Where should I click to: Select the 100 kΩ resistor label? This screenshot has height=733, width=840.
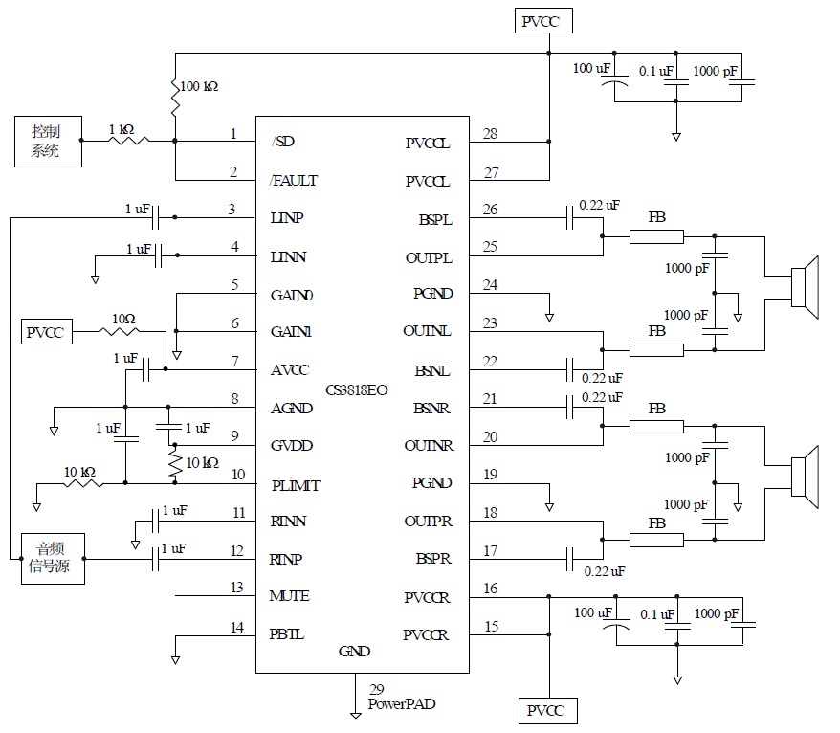[199, 87]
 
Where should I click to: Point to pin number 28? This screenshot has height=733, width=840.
[490, 134]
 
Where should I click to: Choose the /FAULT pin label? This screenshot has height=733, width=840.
[294, 180]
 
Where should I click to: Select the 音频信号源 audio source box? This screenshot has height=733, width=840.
[53, 559]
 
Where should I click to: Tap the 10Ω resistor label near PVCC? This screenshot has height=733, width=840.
[123, 319]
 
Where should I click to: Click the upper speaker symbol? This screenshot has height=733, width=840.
[806, 287]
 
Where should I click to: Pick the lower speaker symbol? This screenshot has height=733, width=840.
[806, 476]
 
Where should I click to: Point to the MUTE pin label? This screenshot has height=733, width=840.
[289, 596]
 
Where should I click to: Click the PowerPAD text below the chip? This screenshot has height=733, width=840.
[402, 704]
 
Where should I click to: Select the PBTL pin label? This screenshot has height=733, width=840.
[287, 633]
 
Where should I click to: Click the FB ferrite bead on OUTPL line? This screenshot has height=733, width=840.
[656, 236]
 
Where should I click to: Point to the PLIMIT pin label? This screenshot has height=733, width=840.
[295, 485]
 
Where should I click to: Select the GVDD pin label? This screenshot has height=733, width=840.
[292, 446]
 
